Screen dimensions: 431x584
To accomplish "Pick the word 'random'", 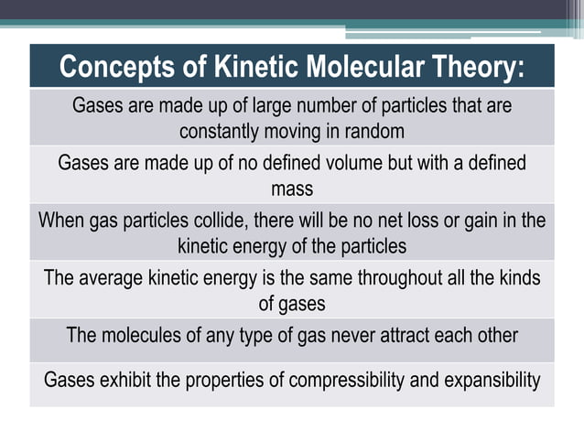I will [372, 131].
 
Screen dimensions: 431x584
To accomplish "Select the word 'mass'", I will [292, 189].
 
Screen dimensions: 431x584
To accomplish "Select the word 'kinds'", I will [515, 278].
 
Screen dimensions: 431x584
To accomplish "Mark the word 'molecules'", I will [140, 336].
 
